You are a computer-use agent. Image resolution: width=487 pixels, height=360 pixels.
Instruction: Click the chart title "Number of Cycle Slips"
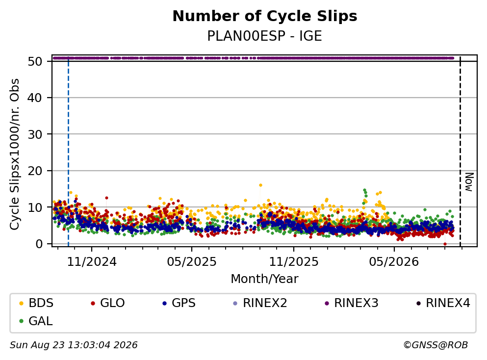point(265,16)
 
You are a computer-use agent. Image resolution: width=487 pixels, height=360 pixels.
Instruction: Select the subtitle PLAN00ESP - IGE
point(265,36)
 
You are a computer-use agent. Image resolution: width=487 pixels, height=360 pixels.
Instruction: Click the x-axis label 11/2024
point(92,262)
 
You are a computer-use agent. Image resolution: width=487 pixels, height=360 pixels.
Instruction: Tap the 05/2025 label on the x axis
point(192,262)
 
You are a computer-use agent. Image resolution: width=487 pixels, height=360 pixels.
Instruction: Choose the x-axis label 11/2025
point(294,262)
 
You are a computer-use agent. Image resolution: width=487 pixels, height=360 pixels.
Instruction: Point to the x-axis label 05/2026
point(394,262)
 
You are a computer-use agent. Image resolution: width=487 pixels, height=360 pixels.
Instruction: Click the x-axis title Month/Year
point(265,279)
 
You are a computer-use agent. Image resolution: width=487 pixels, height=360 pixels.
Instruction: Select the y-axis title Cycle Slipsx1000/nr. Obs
point(14,154)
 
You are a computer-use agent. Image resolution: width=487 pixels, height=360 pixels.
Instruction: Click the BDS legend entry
point(36,303)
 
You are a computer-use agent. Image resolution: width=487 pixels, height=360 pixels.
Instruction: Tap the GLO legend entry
point(108,303)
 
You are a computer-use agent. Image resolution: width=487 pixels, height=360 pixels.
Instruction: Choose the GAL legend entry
point(36,321)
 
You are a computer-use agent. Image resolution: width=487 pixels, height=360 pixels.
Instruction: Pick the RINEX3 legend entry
point(352,303)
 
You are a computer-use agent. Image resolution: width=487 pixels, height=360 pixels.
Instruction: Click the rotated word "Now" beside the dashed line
point(469,182)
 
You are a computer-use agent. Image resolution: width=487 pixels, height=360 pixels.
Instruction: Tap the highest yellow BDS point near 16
point(260,185)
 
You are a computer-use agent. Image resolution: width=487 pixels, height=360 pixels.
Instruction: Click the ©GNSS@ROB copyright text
point(436,345)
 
